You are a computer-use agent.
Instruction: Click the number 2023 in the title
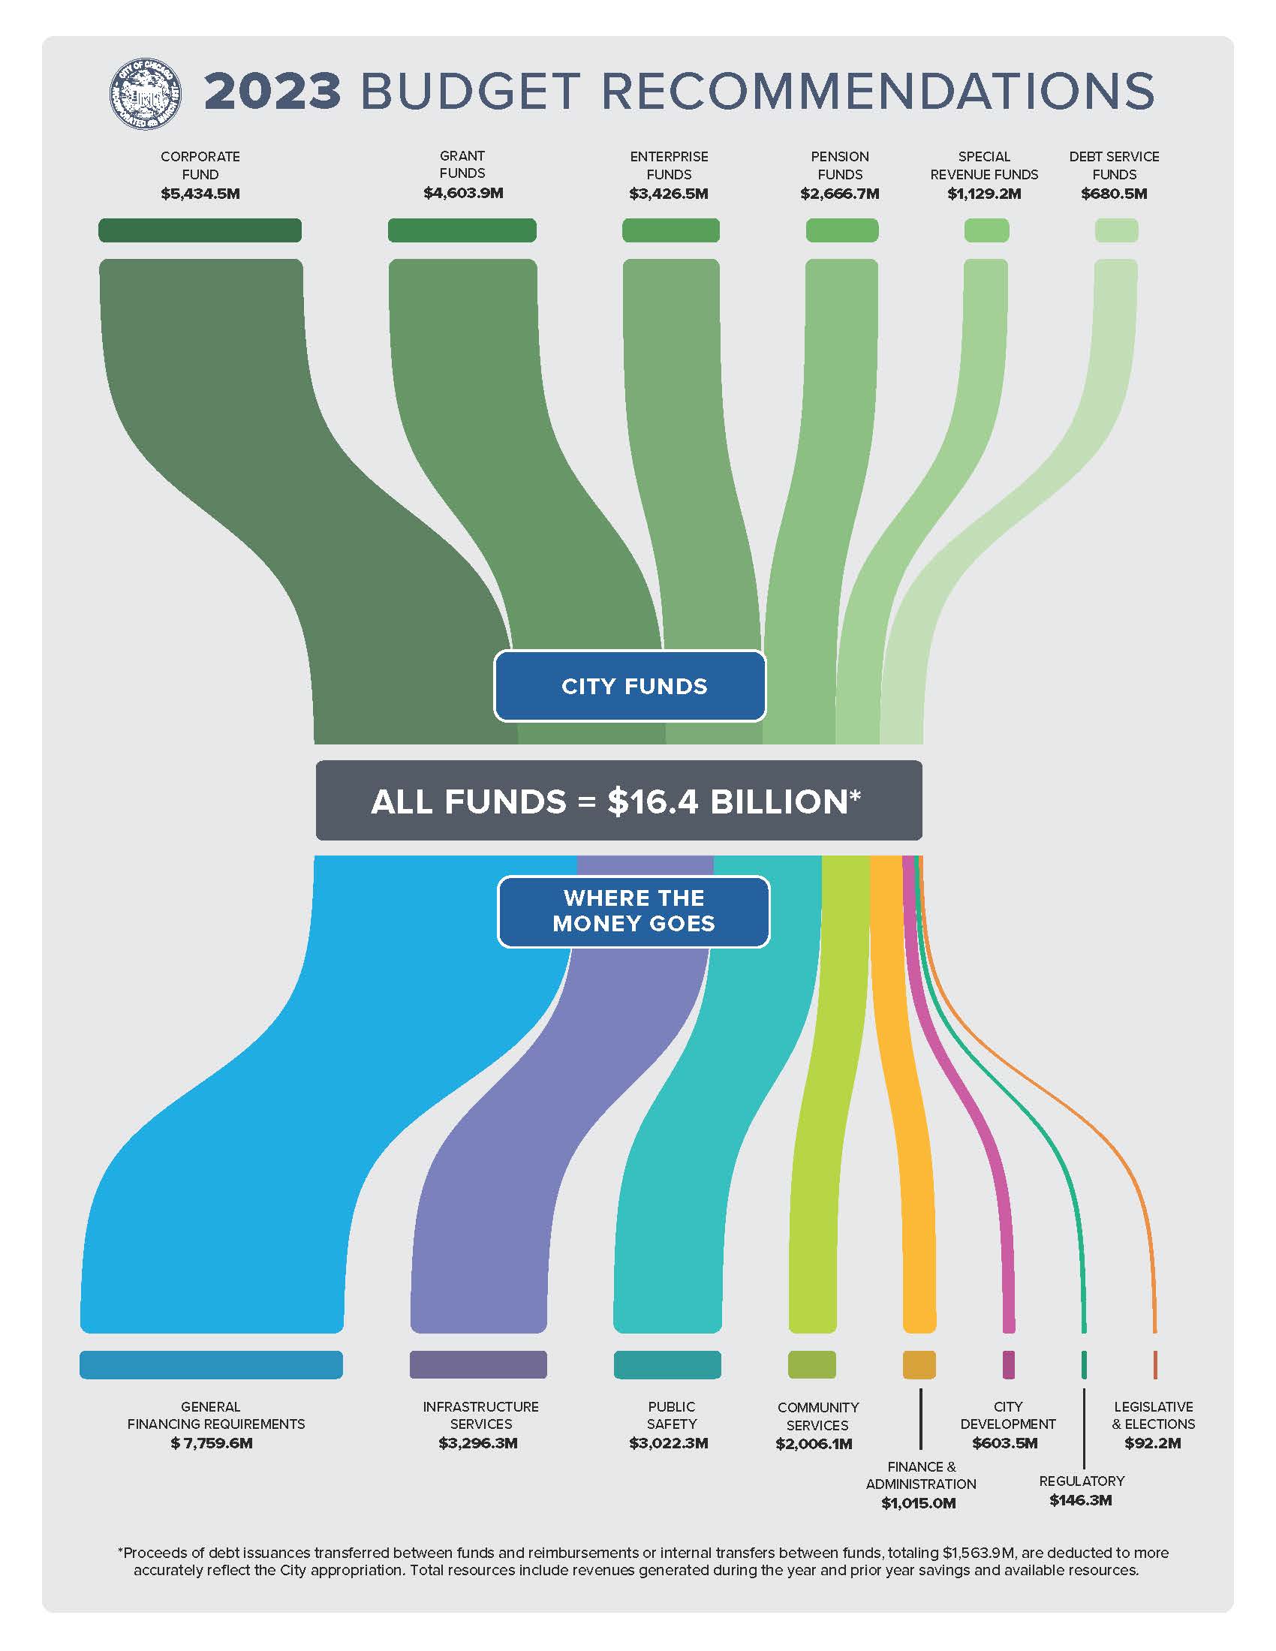click(273, 92)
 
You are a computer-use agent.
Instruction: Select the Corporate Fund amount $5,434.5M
click(200, 194)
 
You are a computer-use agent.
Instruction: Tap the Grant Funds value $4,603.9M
click(462, 193)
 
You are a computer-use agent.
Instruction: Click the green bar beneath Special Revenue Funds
click(986, 230)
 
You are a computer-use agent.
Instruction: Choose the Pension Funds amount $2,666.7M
click(840, 194)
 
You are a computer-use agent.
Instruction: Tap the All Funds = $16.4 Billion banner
click(618, 801)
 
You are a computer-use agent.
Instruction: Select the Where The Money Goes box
click(633, 911)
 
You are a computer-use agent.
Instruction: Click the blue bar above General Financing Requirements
click(211, 1364)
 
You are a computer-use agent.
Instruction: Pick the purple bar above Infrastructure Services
click(477, 1364)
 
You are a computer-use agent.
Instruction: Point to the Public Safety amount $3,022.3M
click(668, 1443)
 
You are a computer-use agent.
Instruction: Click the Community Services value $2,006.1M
click(814, 1444)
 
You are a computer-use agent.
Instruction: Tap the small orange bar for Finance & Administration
click(919, 1364)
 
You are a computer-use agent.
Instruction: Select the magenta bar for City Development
click(1008, 1364)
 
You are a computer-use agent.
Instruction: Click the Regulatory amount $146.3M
click(1080, 1500)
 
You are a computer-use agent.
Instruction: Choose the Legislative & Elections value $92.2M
click(1152, 1443)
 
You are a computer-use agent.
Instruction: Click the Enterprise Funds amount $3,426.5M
click(668, 194)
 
